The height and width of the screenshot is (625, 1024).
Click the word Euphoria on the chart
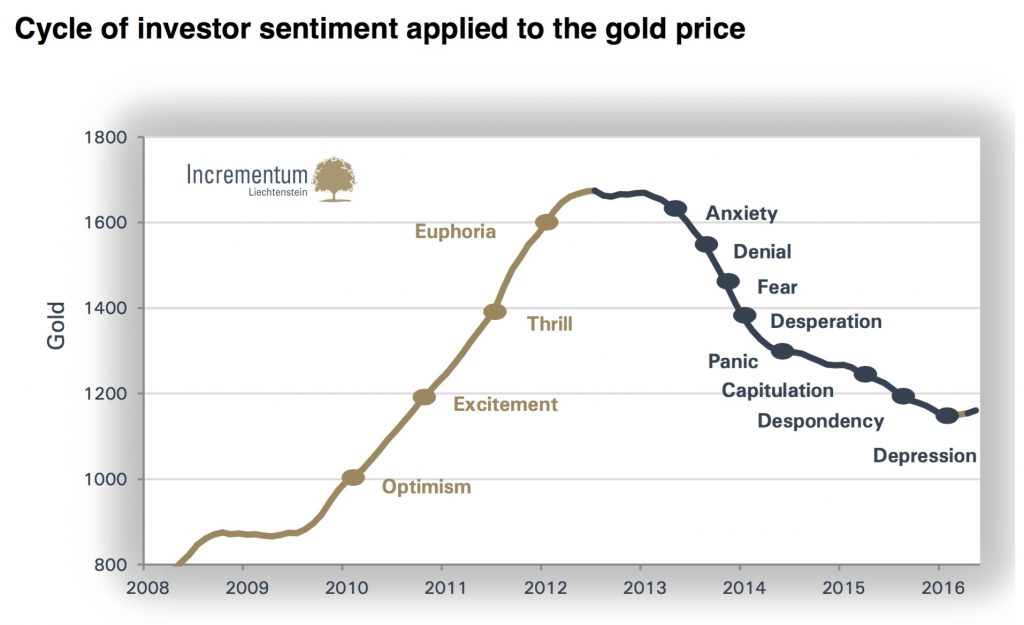[x=455, y=232]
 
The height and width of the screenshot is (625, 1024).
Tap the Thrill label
[x=549, y=323]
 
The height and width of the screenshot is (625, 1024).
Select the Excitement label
[x=505, y=405]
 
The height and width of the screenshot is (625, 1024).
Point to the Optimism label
[x=426, y=487]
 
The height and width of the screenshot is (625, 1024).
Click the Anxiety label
[x=741, y=213]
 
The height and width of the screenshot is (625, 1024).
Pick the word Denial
[x=762, y=252]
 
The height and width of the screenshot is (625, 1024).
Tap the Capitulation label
[x=777, y=390]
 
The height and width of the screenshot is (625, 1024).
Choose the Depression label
[x=924, y=456]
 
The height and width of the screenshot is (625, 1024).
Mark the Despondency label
[x=820, y=421]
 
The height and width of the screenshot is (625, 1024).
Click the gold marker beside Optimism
[x=352, y=478]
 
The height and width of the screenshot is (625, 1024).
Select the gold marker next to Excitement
[x=424, y=397]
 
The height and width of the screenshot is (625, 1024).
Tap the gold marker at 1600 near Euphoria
[x=546, y=222]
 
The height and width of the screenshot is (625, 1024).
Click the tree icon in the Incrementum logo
[x=334, y=179]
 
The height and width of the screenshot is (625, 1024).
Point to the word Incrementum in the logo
[x=247, y=175]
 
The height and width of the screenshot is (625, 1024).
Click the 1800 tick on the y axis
[x=104, y=138]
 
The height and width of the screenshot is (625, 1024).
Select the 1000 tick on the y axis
[x=104, y=480]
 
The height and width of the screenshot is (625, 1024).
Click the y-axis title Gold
[x=56, y=325]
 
